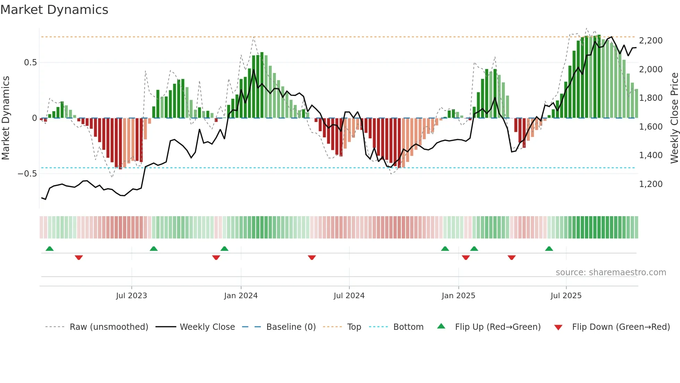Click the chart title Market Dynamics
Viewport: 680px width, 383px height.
coord(54,10)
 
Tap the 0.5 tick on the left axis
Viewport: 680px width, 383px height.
coord(30,63)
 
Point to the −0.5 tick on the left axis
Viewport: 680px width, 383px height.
coord(27,173)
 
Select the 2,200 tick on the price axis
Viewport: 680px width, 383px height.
coord(651,41)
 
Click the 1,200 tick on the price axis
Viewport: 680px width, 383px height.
coord(651,184)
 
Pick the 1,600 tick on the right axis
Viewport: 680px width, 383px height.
coord(651,127)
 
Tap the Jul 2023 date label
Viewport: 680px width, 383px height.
coord(131,296)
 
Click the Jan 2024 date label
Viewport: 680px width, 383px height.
coord(241,296)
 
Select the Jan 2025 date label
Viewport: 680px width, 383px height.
coord(458,296)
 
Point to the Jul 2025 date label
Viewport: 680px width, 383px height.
coord(566,296)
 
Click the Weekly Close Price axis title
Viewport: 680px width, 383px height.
coord(674,118)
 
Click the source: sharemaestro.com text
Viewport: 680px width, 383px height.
coord(611,272)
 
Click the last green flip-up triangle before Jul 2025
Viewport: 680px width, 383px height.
coord(549,249)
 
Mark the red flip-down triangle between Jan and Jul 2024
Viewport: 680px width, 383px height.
coord(312,258)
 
